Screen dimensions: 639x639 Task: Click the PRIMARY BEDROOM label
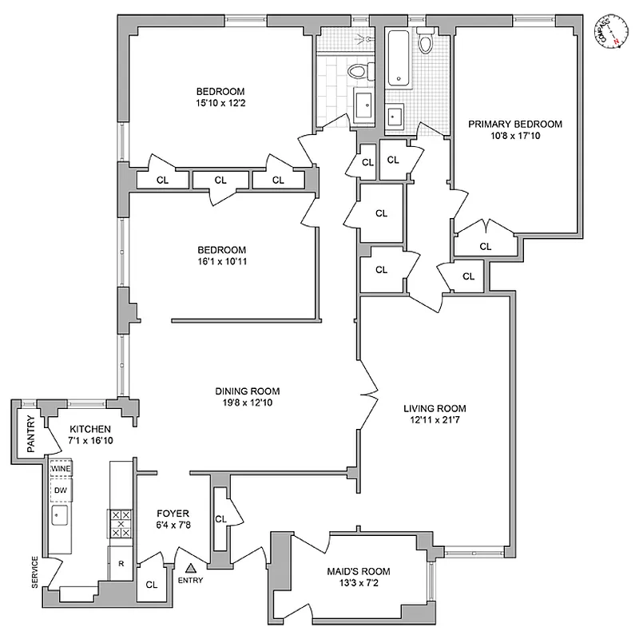[x=514, y=124]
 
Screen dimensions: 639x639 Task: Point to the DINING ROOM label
[x=247, y=391]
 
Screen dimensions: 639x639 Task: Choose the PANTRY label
[x=30, y=435]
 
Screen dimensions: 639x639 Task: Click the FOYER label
[x=173, y=513]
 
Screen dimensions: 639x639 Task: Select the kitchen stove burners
[x=120, y=524]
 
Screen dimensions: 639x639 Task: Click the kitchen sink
[x=60, y=516]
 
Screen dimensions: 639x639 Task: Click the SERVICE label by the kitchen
[x=34, y=572]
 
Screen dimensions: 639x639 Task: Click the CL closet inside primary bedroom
[x=485, y=246]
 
